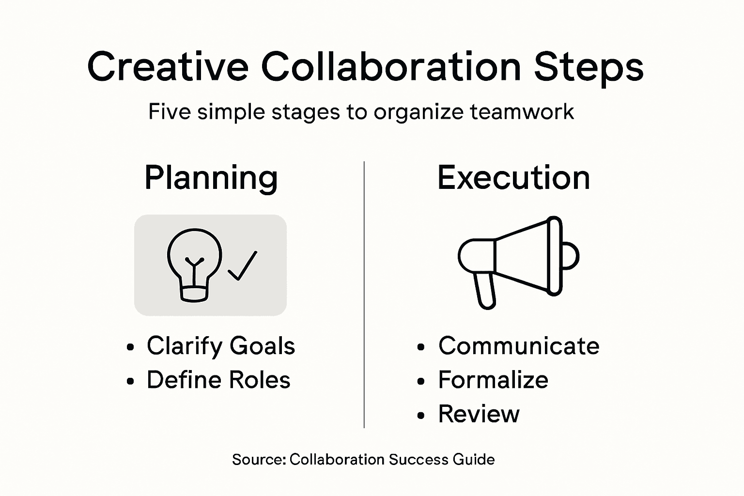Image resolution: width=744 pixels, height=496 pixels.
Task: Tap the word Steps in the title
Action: point(589,68)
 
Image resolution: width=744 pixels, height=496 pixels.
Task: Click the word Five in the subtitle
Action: point(166,112)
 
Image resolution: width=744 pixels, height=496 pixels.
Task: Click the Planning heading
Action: point(211,178)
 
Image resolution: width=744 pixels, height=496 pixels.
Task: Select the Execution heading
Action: point(513,178)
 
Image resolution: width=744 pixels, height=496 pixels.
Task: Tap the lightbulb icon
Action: point(194,264)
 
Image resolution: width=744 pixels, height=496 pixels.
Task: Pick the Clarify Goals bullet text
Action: point(220,346)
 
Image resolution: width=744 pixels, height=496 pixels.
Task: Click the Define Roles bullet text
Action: point(218,380)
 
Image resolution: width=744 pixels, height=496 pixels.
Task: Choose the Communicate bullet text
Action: point(518,346)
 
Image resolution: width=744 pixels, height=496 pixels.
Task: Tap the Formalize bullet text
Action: point(493,380)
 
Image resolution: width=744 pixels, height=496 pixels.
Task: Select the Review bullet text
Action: point(479,414)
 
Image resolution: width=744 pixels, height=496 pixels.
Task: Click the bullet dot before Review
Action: point(420,416)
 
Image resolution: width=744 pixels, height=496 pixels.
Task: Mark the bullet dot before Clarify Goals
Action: point(129,347)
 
